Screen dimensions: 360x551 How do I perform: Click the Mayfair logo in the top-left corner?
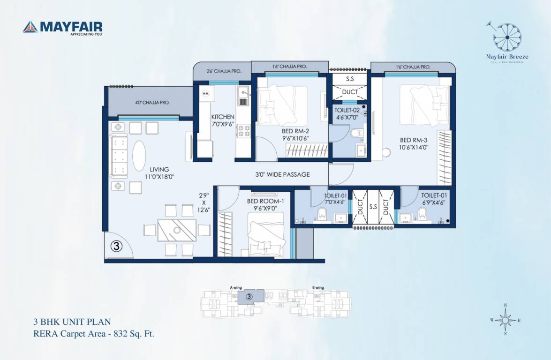coord(62,28)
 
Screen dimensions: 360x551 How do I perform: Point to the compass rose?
coord(505,321)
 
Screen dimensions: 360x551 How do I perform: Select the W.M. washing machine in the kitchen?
coord(205,94)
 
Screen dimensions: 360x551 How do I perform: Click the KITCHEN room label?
coord(223,117)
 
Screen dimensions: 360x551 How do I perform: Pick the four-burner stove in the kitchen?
coord(243,131)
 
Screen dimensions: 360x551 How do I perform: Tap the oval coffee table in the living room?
coord(139,156)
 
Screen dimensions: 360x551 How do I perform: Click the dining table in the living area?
coord(177,230)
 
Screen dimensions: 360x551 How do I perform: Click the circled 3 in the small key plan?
coord(249,297)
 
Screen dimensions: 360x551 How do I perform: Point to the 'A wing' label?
coord(235,287)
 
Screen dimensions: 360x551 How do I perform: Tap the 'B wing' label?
coord(318,287)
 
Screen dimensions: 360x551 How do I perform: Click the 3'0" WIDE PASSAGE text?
coord(282,174)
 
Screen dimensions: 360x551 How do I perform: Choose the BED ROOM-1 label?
coord(265,201)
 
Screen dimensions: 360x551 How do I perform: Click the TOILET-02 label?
coord(347,111)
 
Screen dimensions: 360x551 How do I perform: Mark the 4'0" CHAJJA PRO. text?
coord(150,102)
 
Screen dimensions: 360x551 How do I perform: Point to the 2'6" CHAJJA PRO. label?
coord(224,71)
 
